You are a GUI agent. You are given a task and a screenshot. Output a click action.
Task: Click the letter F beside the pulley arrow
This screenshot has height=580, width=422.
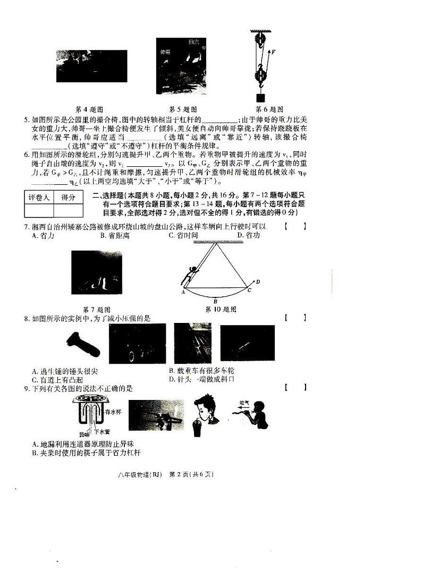tap(273, 52)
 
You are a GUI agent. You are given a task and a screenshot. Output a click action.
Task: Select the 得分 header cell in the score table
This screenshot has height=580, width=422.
tap(68, 198)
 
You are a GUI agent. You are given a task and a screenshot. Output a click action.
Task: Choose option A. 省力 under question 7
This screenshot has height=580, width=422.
tap(43, 235)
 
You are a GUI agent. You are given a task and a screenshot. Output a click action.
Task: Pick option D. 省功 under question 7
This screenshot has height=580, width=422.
tap(248, 235)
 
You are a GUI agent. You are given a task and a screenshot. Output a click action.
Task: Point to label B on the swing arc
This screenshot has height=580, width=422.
tap(215, 301)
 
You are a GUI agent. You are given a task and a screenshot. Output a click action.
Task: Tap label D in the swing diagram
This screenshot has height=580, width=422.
tap(258, 282)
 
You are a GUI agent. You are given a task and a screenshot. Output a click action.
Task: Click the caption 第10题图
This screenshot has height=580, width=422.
tap(220, 309)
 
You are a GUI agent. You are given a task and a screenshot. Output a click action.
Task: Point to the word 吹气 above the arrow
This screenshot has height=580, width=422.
tap(244, 403)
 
